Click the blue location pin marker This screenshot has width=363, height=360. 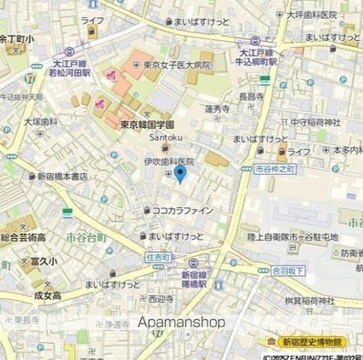[180, 175]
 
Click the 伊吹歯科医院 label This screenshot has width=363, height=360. [168, 161]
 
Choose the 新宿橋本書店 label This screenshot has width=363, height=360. [61, 177]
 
